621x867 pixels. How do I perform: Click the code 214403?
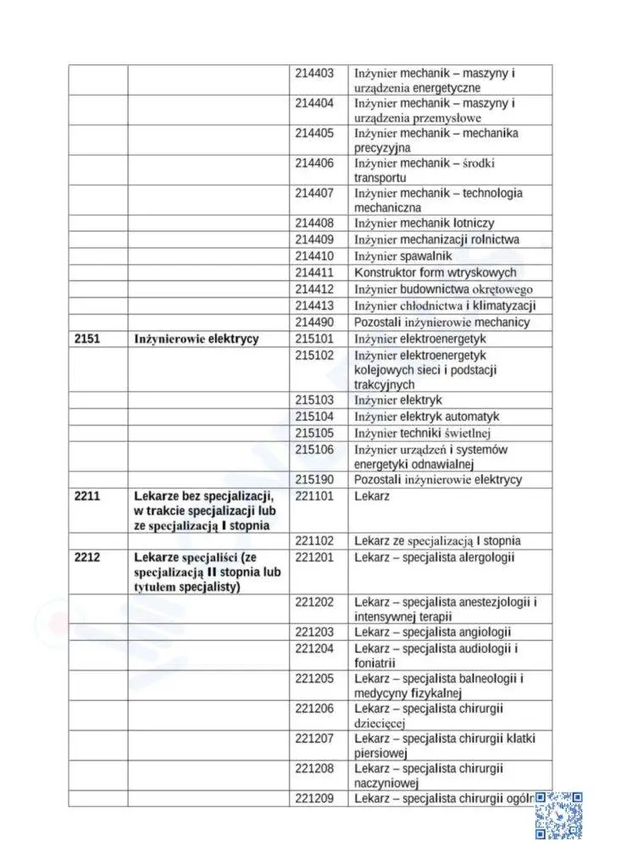(x=314, y=74)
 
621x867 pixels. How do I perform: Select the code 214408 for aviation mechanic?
(x=314, y=223)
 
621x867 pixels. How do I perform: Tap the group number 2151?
(x=86, y=339)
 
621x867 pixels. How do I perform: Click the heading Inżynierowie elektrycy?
(x=197, y=339)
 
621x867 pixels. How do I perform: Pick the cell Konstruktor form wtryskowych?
(x=435, y=273)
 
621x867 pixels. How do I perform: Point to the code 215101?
(x=314, y=339)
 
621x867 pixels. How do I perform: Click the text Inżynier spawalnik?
(x=403, y=256)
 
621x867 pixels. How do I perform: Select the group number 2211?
(x=86, y=495)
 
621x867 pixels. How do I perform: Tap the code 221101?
(x=314, y=495)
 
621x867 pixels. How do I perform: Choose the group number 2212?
(x=86, y=557)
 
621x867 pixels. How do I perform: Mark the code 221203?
(x=314, y=632)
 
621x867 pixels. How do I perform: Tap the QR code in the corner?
(x=558, y=815)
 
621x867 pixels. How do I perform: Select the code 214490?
(x=314, y=322)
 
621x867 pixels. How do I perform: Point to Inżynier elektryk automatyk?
(x=426, y=417)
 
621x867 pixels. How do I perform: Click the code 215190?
(x=314, y=479)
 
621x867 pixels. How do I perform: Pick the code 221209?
(x=314, y=798)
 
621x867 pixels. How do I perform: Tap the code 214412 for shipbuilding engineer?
(x=314, y=289)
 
